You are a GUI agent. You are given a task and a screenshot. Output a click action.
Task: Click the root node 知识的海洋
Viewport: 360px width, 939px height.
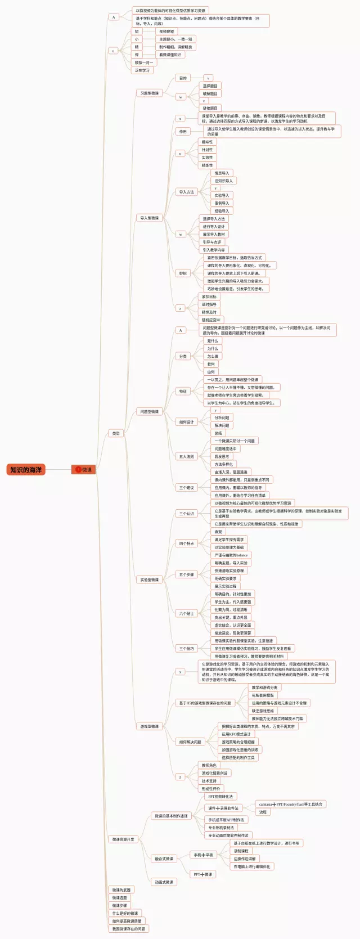coord(26,469)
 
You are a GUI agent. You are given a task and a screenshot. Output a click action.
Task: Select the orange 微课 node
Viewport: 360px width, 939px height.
coord(84,469)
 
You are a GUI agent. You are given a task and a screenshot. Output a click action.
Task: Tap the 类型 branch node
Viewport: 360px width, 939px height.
coord(116,433)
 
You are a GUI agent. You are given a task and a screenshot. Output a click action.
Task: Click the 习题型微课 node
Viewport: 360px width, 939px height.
coord(149,93)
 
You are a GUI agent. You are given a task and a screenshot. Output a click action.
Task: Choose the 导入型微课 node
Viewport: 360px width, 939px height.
coord(149,218)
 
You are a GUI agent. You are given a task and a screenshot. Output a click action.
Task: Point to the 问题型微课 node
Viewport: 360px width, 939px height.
coord(149,411)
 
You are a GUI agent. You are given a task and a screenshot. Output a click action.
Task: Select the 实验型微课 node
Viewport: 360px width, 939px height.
coord(149,579)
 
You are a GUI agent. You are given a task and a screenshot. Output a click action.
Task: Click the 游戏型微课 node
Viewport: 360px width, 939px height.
coord(149,726)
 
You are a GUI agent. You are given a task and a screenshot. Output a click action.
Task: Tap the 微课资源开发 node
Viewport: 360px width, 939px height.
coord(123,839)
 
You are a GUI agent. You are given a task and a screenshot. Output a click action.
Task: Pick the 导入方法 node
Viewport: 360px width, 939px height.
coord(186,192)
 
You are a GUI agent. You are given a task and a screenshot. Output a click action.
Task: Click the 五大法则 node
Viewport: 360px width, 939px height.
coord(186,456)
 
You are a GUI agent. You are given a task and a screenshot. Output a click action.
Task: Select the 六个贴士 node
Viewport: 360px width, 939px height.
coord(186,613)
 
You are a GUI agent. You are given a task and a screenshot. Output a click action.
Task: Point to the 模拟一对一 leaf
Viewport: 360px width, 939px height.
coord(143,62)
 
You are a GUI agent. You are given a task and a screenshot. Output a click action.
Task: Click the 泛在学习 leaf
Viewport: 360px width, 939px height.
coord(142,70)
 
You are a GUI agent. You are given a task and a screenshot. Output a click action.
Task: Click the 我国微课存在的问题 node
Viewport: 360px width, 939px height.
coord(128,928)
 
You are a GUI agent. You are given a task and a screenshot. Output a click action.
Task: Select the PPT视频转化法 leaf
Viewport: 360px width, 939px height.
coord(220,796)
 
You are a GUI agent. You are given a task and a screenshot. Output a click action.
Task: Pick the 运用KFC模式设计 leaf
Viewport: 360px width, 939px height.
coord(236,734)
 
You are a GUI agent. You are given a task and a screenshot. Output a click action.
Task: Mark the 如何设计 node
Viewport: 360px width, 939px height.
coord(186,422)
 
